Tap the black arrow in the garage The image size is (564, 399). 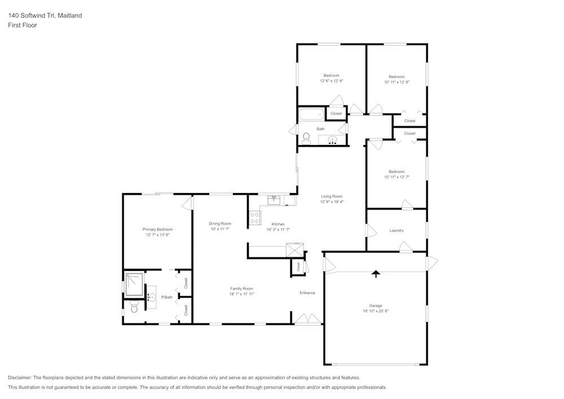376,274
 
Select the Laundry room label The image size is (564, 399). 396,230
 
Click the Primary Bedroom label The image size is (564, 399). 157,229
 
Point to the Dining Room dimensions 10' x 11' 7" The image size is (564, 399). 221,229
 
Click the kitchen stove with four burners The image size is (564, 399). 255,218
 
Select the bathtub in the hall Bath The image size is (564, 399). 311,115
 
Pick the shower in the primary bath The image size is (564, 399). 134,283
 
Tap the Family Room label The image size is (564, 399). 241,288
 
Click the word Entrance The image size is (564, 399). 307,293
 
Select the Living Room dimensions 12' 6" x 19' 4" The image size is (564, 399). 332,201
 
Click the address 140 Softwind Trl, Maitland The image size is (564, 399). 45,16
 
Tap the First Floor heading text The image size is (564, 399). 23,25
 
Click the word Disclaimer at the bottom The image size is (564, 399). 20,377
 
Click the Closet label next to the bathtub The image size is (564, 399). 336,113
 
